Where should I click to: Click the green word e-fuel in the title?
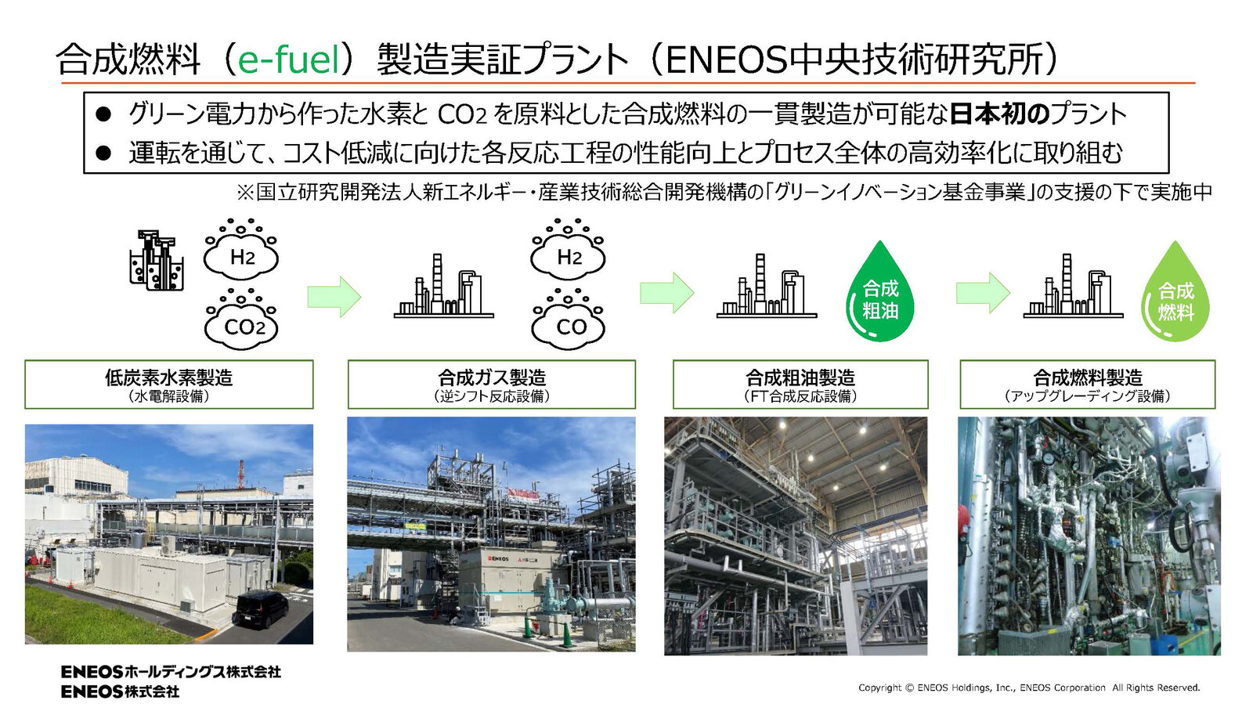289,60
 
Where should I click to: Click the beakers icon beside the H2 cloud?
157,261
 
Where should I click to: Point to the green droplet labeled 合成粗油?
880,291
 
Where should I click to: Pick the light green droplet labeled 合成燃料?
1175,291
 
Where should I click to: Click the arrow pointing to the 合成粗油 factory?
666,292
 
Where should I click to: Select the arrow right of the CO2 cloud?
334,296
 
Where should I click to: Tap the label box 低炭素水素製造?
169,384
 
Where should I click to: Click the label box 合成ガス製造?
492,384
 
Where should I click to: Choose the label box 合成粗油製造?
800,384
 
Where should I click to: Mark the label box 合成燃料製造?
1088,384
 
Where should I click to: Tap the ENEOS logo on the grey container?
498,558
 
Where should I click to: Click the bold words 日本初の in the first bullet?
999,114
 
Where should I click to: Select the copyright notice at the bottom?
1029,688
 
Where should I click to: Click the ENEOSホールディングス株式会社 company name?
171,672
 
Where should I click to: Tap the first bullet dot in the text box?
103,114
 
